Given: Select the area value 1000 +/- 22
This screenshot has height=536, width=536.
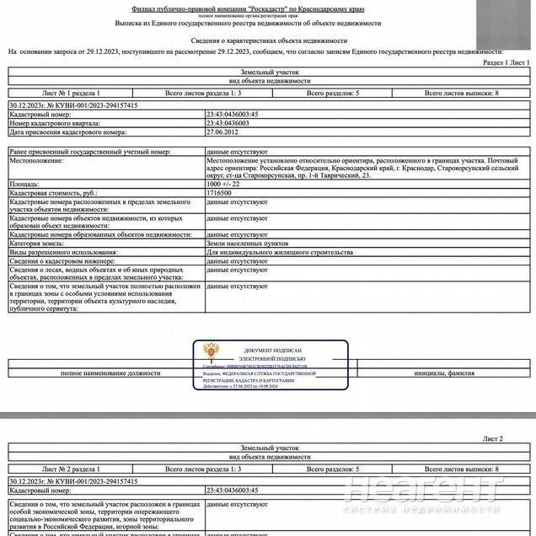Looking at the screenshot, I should (x=223, y=183).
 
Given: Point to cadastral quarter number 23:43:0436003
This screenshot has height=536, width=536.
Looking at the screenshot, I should (x=228, y=123).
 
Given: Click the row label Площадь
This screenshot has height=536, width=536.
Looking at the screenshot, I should (x=24, y=183).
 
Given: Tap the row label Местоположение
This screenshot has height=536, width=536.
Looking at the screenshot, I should (x=36, y=160).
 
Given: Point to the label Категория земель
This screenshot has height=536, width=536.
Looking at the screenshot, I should (x=38, y=243).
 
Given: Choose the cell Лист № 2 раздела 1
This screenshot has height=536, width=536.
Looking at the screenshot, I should (x=71, y=468).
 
